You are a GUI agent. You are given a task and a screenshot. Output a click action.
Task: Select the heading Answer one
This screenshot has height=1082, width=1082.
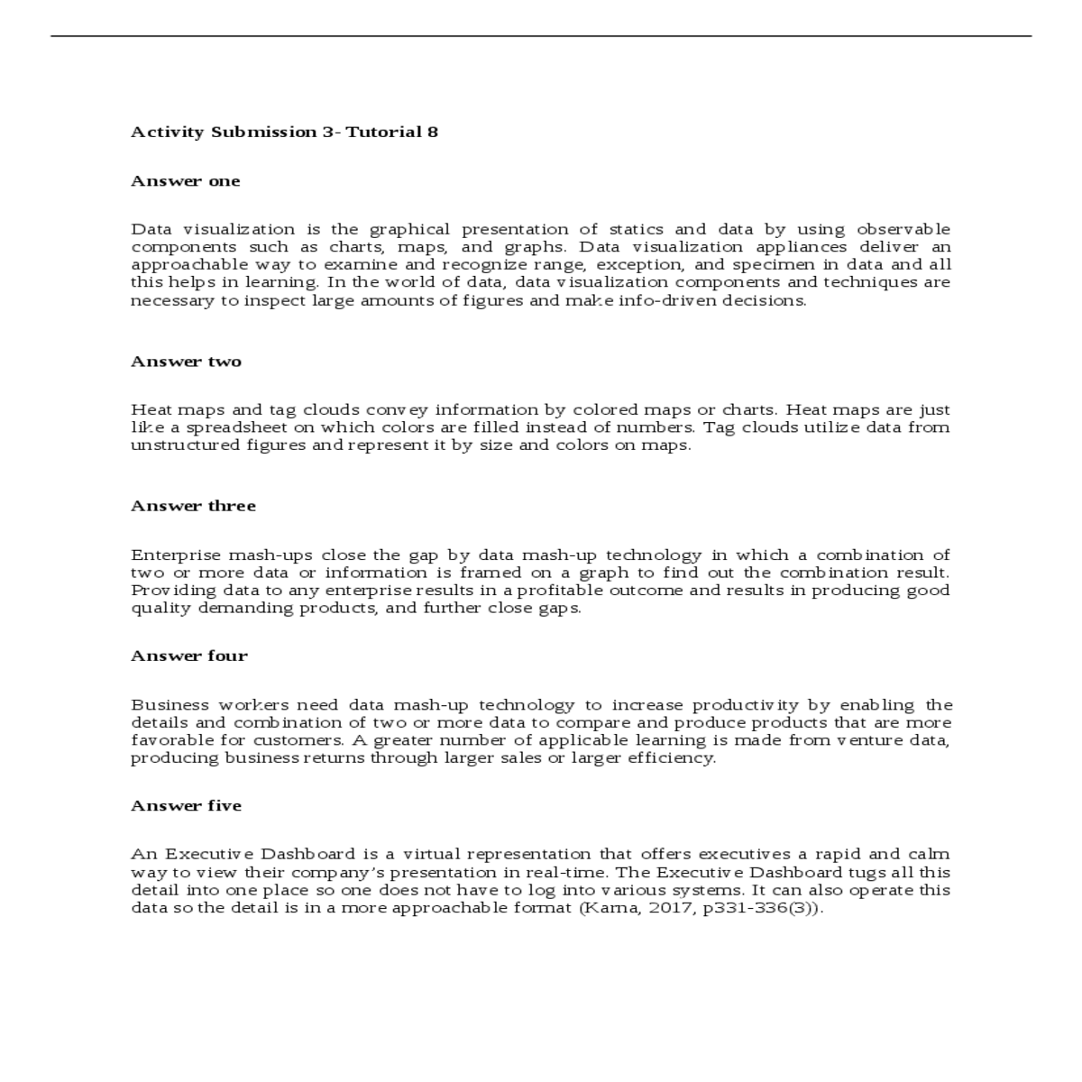pos(186,181)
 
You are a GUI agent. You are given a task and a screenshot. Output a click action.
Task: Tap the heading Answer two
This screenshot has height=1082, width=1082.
pos(187,362)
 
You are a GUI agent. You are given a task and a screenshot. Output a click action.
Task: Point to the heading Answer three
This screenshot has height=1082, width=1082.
pos(194,506)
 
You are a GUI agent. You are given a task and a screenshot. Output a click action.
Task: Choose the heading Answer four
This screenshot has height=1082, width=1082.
pos(189,656)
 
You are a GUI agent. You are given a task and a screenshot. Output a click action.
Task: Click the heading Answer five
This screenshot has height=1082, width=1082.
pos(187,805)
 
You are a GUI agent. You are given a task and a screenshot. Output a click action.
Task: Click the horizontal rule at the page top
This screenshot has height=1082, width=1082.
pos(541,36)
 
